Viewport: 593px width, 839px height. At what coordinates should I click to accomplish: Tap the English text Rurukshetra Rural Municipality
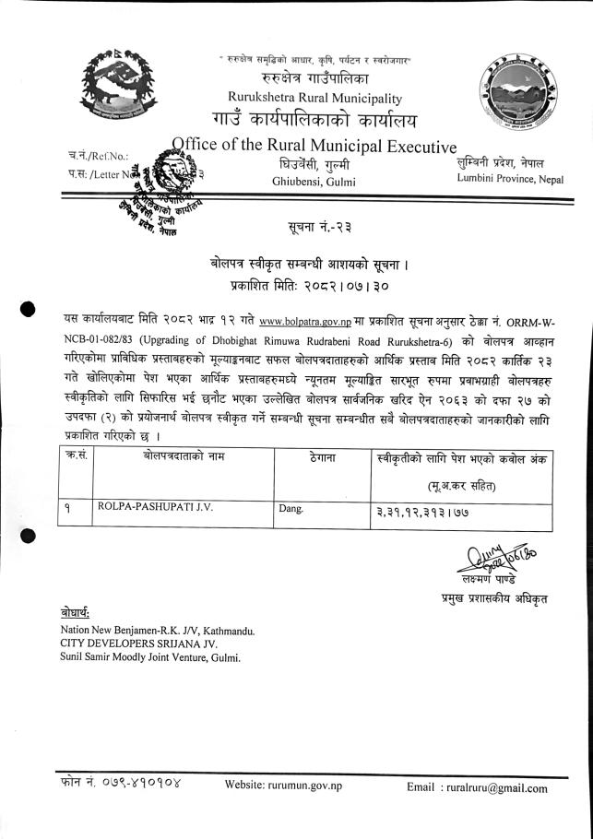tap(315, 99)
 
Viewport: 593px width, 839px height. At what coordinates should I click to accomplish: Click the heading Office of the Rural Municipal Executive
tap(314, 147)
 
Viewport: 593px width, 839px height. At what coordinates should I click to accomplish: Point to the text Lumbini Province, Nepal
tap(509, 178)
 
